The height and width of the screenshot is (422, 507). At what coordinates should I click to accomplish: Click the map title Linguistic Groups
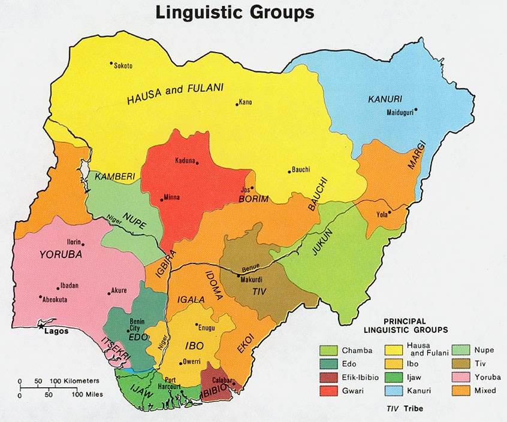pyautogui.click(x=234, y=12)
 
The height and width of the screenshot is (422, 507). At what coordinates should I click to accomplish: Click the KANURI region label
pyautogui.click(x=385, y=99)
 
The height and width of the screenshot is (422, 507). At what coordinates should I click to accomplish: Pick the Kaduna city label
pyautogui.click(x=185, y=160)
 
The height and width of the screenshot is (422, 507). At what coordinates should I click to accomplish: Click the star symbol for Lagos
pyautogui.click(x=41, y=327)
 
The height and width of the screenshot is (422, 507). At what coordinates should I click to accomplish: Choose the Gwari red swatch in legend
pyautogui.click(x=327, y=391)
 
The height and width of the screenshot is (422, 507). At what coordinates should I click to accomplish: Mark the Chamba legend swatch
pyautogui.click(x=327, y=350)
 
